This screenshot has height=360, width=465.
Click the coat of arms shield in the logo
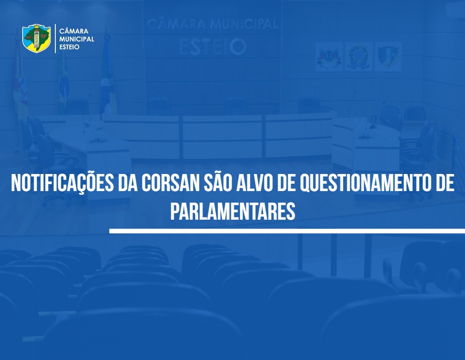[x=36, y=38]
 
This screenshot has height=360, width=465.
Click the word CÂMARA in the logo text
[x=74, y=31]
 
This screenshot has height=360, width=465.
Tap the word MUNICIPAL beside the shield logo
[x=77, y=39]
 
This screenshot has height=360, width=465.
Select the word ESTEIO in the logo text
[x=69, y=47]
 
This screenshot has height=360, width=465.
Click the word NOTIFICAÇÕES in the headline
[x=62, y=183]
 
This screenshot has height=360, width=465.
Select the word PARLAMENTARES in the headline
[x=233, y=211]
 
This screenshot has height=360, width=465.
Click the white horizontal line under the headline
[x=287, y=231]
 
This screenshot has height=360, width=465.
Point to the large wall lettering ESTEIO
[x=213, y=47]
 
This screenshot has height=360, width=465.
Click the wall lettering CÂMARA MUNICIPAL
[x=212, y=24]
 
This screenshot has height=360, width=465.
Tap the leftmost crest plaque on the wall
[x=329, y=56]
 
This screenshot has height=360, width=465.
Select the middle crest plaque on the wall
[x=358, y=56]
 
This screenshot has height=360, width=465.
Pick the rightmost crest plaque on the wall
[x=388, y=56]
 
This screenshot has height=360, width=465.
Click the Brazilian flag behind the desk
[x=63, y=80]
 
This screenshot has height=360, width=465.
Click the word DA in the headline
[x=127, y=183]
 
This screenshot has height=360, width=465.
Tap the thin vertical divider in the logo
[x=55, y=39]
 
